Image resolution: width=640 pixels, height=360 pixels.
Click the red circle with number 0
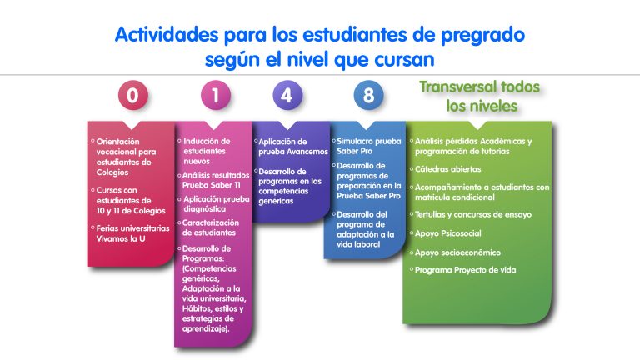132,96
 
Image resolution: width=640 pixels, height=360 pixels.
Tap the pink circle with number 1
216,96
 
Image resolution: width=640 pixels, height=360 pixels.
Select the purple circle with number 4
287,96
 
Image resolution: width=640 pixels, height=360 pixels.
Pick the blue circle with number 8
368,96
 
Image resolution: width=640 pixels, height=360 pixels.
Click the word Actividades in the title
167,34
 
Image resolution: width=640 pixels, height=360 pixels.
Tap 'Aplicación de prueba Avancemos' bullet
292,147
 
